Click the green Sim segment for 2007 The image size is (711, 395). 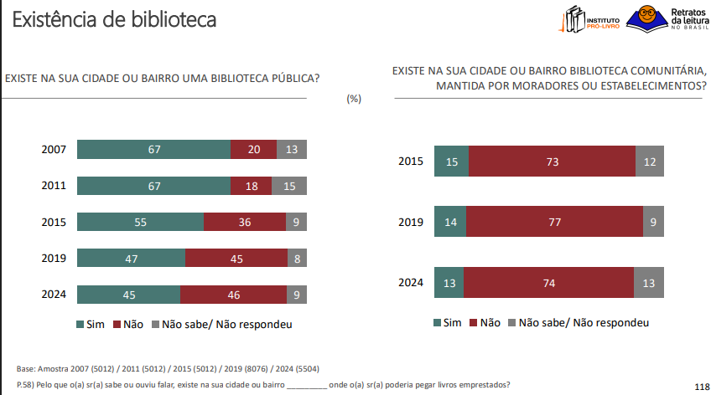coord(153,150)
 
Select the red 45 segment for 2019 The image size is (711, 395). coord(236,259)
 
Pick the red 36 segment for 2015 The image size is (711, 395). coord(245,222)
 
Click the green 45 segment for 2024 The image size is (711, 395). coord(128,295)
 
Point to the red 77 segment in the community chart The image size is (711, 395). coord(554,222)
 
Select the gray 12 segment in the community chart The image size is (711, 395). coord(651,162)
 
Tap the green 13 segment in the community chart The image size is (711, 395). coord(449,283)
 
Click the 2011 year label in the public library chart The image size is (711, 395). coord(54,186)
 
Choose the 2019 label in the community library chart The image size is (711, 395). coord(411,223)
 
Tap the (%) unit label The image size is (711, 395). coord(354,98)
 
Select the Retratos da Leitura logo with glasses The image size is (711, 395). coord(671,18)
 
